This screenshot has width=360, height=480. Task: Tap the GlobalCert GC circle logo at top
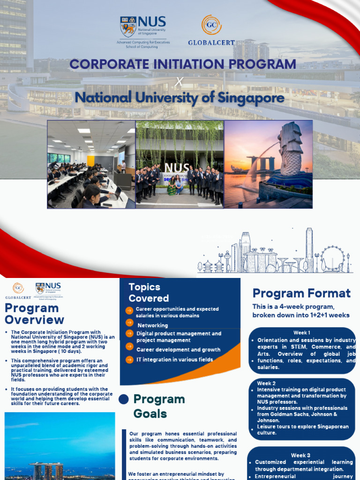[211, 25]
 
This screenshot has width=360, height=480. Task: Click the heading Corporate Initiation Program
[183, 64]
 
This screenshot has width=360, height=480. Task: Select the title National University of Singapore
[180, 97]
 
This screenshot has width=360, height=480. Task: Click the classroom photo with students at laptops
[91, 164]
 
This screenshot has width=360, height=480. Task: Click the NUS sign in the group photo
[177, 168]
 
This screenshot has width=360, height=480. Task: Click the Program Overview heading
[34, 314]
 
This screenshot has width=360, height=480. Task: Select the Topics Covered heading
[149, 292]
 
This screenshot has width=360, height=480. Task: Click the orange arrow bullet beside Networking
[129, 323]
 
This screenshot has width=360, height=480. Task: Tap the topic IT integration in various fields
[174, 360]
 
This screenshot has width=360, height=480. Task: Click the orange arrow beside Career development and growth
[129, 347]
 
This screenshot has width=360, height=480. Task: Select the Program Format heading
[301, 293]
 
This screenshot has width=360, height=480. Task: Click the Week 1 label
[302, 333]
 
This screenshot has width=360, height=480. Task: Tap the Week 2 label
[267, 383]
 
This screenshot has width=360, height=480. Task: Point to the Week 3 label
[300, 455]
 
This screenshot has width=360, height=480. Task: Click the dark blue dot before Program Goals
[124, 399]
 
